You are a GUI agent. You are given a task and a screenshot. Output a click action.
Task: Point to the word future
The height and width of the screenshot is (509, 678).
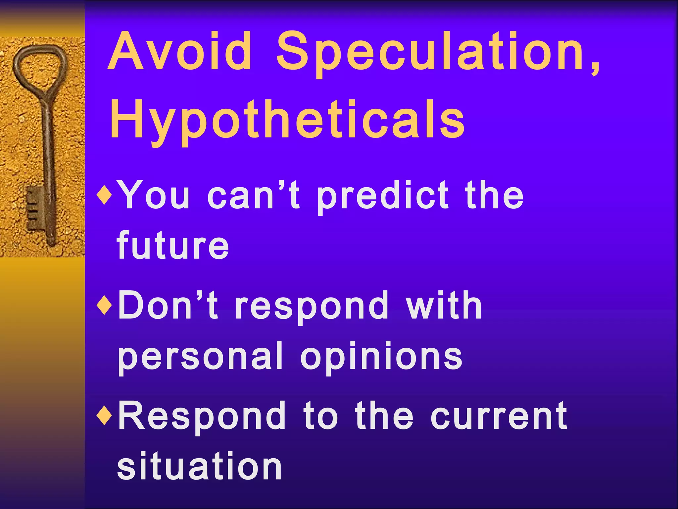(x=172, y=246)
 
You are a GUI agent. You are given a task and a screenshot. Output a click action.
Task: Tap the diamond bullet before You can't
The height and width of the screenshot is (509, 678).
(x=105, y=196)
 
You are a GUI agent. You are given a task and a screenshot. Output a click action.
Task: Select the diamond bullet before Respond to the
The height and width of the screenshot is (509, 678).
(x=105, y=416)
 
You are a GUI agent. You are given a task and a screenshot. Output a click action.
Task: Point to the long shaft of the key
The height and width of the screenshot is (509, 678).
(x=48, y=149)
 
